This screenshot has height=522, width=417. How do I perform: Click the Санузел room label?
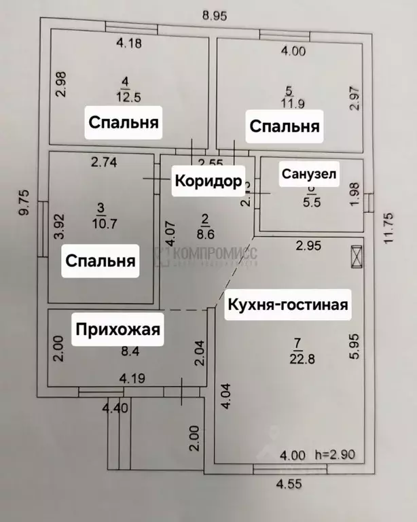309,174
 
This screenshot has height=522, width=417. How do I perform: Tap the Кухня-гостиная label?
287,304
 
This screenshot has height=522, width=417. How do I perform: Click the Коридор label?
208,181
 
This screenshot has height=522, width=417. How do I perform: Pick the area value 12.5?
124,97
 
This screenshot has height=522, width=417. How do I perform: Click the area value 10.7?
101,221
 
